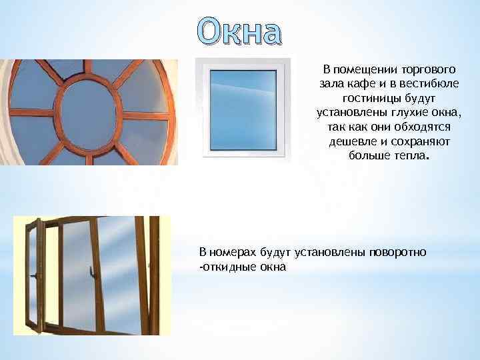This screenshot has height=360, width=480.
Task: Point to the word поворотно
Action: pos(401,253)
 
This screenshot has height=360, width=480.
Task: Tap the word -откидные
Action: pos(227,267)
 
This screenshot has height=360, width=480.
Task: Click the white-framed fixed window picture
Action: pos(243,109)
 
